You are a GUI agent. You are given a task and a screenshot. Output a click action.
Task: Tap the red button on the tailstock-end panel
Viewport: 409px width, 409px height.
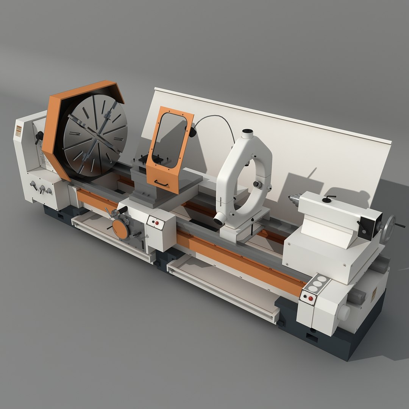311,298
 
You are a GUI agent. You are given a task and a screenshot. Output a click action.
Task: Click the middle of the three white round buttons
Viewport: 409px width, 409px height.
317,284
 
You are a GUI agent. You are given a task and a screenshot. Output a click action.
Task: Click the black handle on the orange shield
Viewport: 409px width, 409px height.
161,184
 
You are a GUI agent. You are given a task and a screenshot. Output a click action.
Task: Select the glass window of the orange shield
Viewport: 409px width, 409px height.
170,140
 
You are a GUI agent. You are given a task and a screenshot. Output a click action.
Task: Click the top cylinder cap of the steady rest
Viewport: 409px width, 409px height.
247,133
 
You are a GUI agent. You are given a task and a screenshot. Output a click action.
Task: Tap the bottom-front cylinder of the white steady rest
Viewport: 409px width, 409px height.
220,220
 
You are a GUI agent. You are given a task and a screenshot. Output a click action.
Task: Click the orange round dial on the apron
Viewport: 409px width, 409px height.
120,229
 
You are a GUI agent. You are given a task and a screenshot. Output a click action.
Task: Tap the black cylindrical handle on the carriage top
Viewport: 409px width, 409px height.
122,209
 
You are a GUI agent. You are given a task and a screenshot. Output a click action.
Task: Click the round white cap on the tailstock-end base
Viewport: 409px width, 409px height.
343,312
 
